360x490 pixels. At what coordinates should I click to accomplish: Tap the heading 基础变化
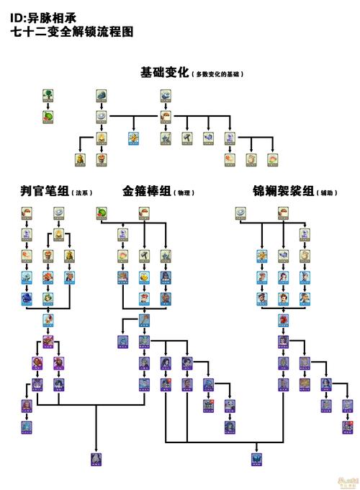tap(164, 73)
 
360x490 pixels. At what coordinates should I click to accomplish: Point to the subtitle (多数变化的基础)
tap(217, 74)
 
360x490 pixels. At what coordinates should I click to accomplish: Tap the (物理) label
tap(185, 193)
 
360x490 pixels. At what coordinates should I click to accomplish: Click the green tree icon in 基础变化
tap(48, 95)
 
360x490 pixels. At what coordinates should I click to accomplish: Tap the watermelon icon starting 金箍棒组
tap(102, 213)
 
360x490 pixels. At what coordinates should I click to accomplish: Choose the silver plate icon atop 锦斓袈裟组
tap(240, 213)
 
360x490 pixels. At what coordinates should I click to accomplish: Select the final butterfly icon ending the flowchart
tap(255, 458)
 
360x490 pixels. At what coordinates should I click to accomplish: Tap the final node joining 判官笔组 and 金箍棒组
tap(96, 458)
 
